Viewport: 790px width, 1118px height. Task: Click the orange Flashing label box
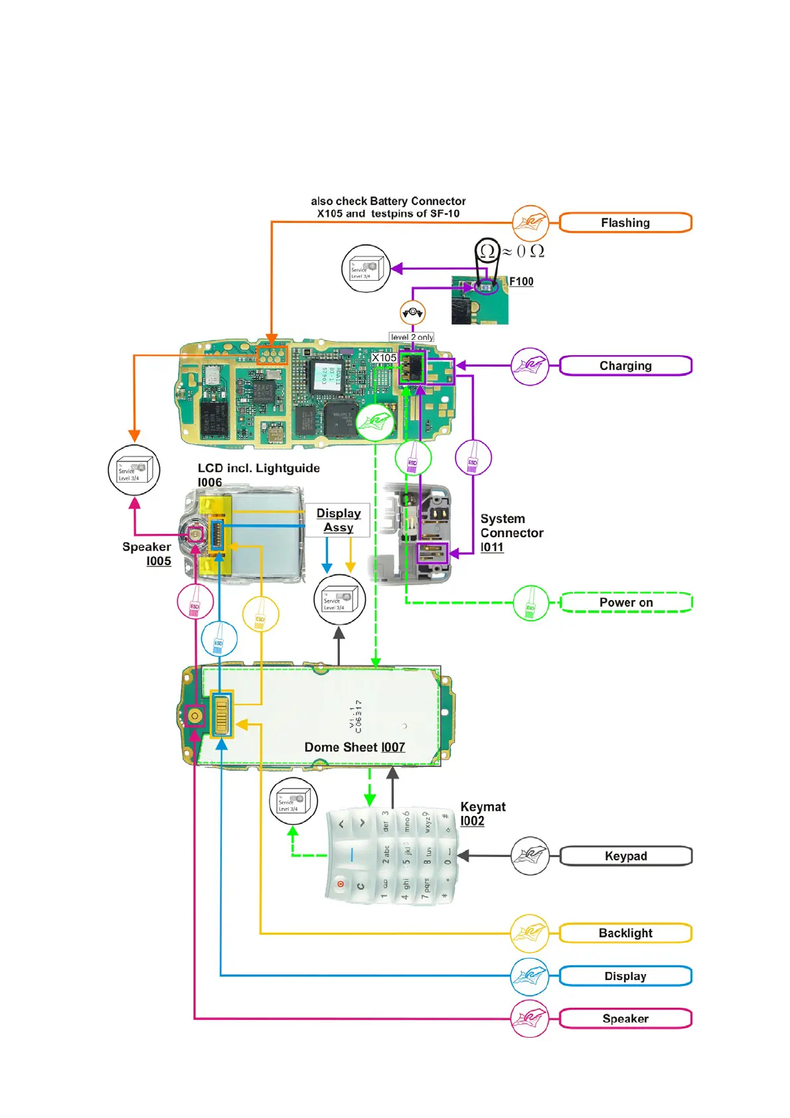625,223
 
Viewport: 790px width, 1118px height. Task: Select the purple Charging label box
625,366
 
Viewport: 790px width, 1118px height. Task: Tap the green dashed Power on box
626,603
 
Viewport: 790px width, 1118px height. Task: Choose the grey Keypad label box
625,856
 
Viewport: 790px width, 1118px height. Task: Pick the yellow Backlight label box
625,933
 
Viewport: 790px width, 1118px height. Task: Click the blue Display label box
625,977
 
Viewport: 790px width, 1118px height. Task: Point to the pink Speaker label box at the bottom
625,1019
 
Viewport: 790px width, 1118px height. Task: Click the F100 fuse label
521,281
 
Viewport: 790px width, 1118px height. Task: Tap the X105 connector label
384,358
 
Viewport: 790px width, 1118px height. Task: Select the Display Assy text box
338,520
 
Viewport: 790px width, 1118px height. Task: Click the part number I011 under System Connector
492,548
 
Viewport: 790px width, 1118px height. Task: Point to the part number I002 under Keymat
472,821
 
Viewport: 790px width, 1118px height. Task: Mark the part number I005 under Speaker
159,562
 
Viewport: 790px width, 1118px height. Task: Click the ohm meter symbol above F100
487,251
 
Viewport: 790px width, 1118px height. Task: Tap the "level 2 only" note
412,337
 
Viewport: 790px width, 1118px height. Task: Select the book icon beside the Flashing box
530,223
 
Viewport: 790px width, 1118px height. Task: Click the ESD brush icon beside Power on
530,603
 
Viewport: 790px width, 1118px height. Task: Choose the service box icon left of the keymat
293,801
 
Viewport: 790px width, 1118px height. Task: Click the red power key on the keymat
341,884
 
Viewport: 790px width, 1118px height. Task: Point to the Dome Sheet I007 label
355,748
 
